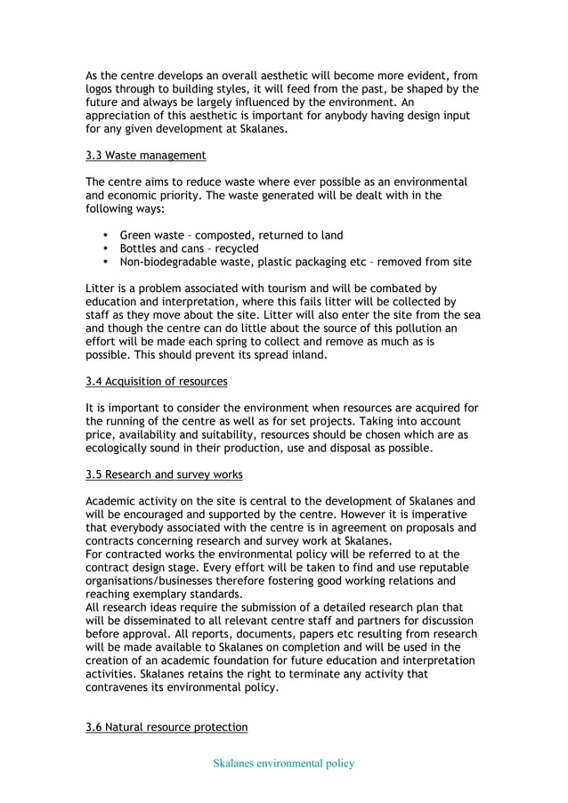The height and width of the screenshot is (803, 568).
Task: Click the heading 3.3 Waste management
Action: tap(146, 156)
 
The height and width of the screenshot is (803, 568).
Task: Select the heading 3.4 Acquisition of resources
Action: tap(156, 382)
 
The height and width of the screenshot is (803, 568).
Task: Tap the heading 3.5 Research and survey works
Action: tap(164, 474)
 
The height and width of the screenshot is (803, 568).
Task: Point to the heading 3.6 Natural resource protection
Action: tap(166, 727)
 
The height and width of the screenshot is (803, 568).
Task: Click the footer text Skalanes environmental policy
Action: tap(283, 763)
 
